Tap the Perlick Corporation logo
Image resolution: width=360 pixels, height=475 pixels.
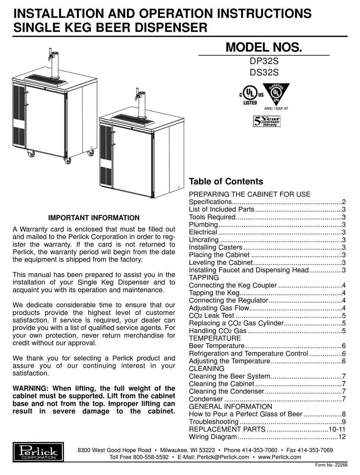38,451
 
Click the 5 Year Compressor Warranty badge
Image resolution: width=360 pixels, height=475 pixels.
267,121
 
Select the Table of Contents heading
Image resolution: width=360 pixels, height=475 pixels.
226,181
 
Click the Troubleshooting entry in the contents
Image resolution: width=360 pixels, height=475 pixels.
214,422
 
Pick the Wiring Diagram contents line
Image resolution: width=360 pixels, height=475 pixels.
213,437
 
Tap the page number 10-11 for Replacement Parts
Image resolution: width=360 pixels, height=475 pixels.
337,429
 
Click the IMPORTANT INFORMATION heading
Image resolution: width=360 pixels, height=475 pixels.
94,218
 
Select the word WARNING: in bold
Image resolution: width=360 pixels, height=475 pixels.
30,388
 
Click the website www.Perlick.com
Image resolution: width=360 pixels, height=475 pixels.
279,457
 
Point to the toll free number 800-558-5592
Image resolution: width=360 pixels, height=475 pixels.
151,457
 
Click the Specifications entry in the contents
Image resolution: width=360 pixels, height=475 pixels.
210,202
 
